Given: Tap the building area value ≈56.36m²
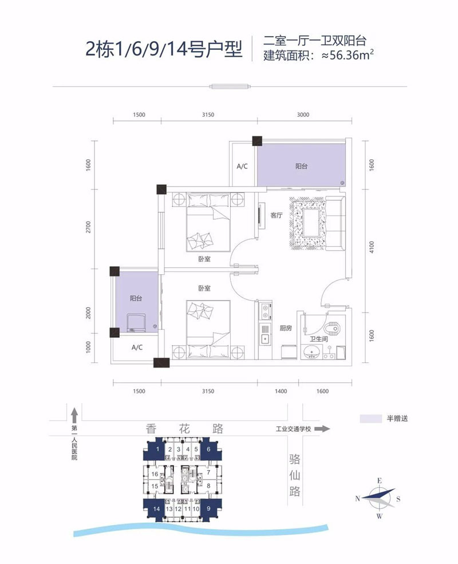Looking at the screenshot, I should (x=349, y=56).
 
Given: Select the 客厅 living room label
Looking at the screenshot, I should (x=277, y=216).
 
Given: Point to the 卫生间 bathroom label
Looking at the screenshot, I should (x=319, y=339).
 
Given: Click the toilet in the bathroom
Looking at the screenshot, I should (x=332, y=329).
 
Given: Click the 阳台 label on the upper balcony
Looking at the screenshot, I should (x=302, y=166).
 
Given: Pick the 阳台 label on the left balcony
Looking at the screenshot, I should (x=136, y=298).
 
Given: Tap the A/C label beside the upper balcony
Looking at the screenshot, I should (x=242, y=167).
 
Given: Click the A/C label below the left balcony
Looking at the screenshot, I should (x=137, y=348).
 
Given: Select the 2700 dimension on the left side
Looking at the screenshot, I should (x=88, y=228).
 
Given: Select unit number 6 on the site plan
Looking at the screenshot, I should (x=209, y=450).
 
